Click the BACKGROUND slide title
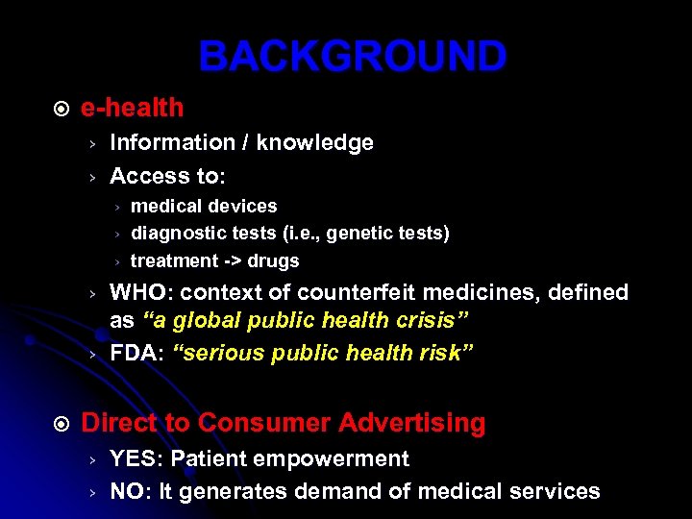(x=352, y=57)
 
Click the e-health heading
(x=132, y=109)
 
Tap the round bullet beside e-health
(x=60, y=110)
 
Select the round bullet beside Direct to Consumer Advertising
(x=60, y=424)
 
